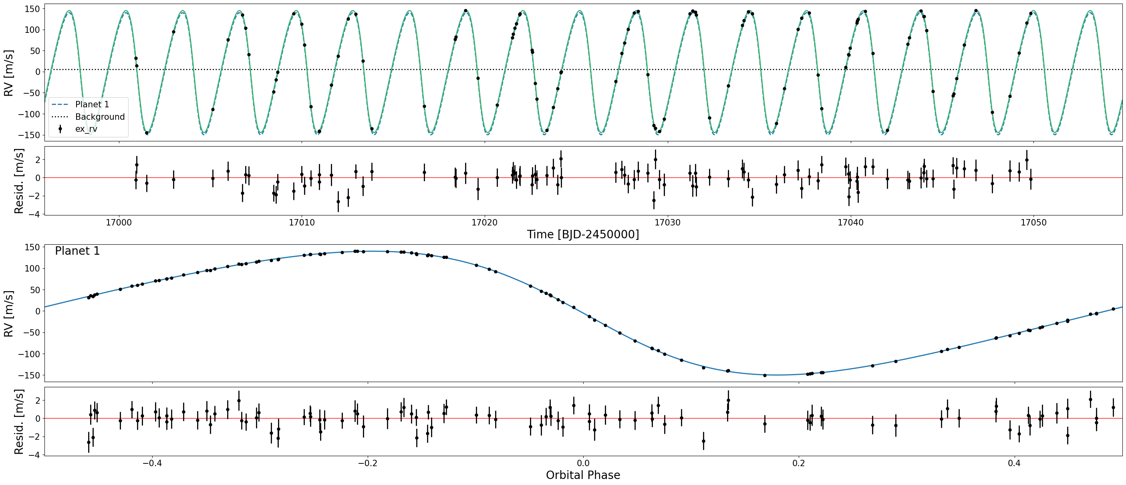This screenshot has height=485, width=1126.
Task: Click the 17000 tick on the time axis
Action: coord(119,222)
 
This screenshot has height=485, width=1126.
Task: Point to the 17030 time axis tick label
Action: coord(667,222)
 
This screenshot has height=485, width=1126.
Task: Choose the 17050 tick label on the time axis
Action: coord(1033,222)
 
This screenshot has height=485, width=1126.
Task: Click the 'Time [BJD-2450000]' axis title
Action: coord(583,235)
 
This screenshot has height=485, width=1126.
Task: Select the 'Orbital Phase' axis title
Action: coord(583,475)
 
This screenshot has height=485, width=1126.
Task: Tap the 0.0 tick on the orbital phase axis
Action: coord(583,463)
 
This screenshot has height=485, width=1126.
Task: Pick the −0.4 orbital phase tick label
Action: coord(152,463)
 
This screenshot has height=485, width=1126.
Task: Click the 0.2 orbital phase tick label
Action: coord(799,463)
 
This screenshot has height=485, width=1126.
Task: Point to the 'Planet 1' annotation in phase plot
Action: coord(77,251)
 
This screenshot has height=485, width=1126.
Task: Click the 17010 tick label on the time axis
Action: coord(302,222)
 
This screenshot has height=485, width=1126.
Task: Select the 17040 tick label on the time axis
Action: coord(851,222)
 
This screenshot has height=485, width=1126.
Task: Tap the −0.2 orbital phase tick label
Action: coord(368,463)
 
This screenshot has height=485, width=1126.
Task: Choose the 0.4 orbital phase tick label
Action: coord(1014,463)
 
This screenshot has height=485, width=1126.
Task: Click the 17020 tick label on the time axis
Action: coord(484,222)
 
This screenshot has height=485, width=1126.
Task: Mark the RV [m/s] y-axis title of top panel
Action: coord(8,73)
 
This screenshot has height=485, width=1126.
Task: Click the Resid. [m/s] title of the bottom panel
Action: coord(19,422)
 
